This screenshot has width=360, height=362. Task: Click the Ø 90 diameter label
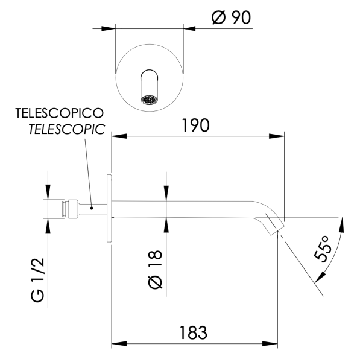(x=231, y=18)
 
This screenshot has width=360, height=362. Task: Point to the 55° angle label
(x=323, y=248)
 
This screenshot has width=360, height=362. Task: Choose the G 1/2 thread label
(x=37, y=280)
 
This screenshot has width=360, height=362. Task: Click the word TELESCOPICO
(x=59, y=113)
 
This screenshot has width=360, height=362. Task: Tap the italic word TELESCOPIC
(x=67, y=128)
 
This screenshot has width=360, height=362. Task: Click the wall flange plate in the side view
(x=109, y=208)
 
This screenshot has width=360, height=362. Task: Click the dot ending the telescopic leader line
(x=91, y=208)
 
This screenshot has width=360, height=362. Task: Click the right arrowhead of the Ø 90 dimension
(x=188, y=27)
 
